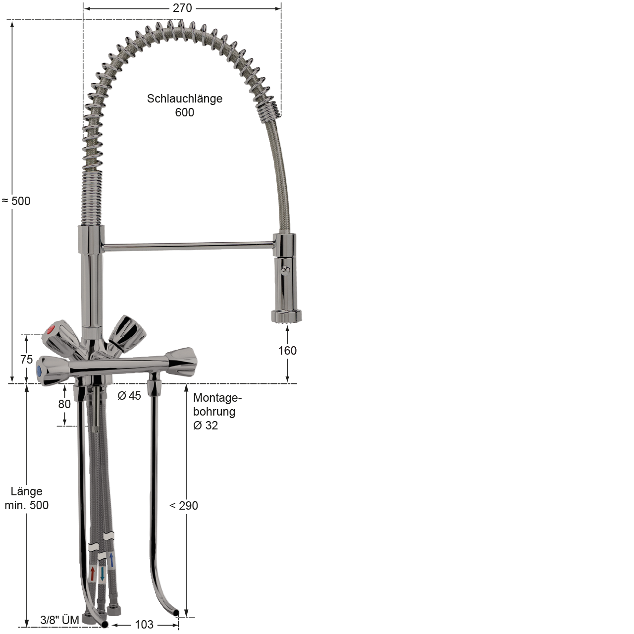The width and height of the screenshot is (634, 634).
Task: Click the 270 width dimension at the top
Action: [182, 8]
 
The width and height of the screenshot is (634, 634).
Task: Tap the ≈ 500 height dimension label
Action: [16, 201]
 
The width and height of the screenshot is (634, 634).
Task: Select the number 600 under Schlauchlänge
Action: [185, 112]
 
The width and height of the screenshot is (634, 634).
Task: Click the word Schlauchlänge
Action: [185, 99]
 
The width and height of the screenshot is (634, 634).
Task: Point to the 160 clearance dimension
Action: [287, 351]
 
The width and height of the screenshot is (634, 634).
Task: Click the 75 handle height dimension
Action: [27, 360]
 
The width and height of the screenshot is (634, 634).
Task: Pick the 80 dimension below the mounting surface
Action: [64, 404]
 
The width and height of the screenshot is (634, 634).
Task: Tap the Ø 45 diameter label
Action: [129, 396]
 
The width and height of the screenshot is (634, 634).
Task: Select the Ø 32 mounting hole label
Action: [206, 425]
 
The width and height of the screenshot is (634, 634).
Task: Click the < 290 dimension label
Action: [184, 505]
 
